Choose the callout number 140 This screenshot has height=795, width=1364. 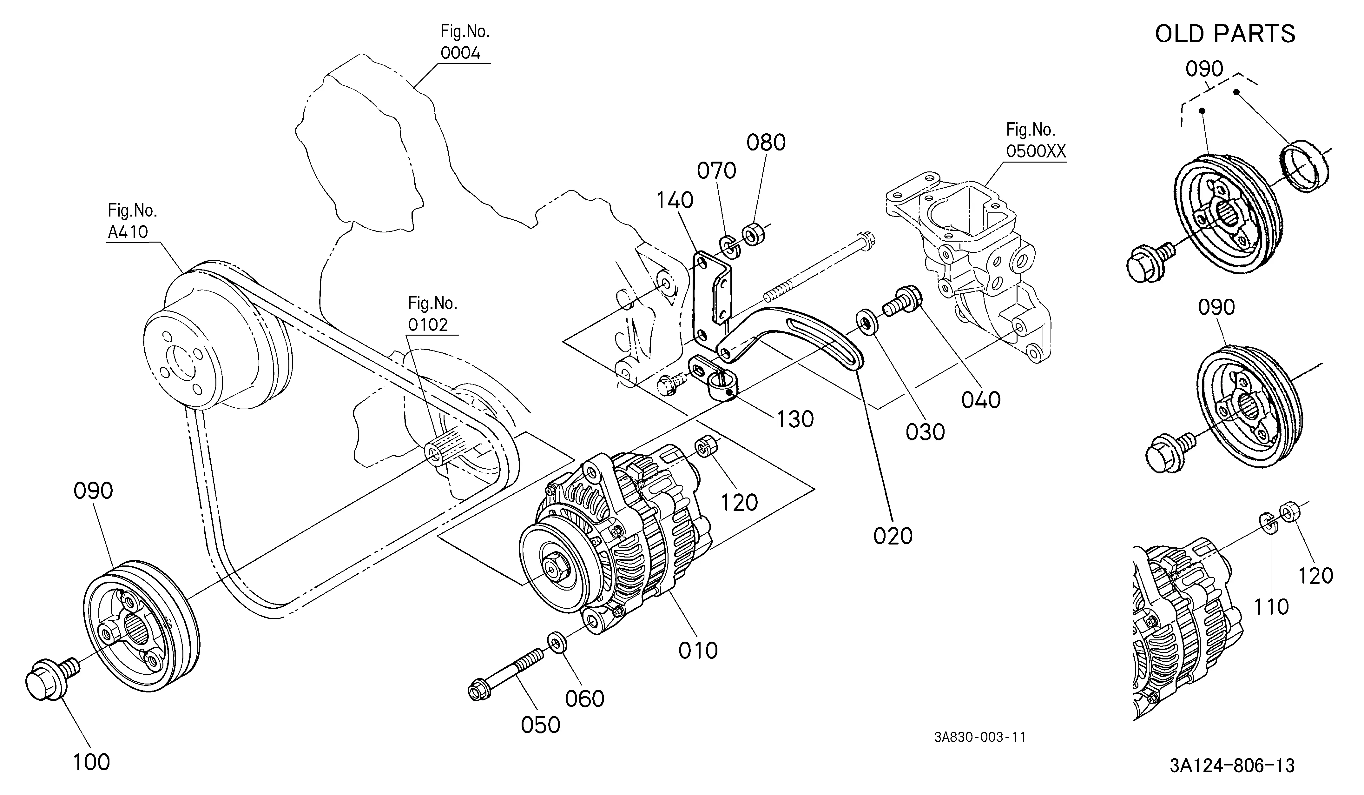[x=675, y=200]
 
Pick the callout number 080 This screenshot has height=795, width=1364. [x=766, y=143]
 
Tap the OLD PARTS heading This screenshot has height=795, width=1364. [x=1225, y=34]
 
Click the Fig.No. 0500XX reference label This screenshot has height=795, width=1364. [x=1035, y=140]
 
